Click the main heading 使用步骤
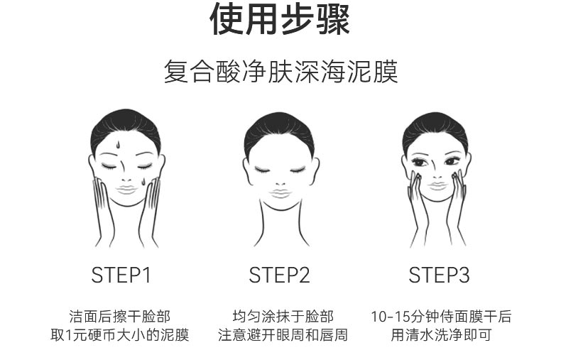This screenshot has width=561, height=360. [280, 21]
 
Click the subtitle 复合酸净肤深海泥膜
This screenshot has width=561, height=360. [280, 72]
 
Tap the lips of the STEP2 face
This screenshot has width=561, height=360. [279, 192]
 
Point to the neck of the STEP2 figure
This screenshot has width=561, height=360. [279, 224]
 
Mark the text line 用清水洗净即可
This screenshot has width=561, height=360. [441, 334]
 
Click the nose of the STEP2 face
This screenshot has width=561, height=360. [279, 179]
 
